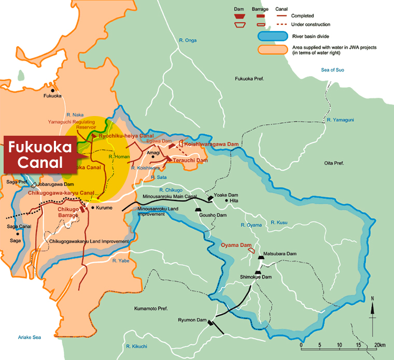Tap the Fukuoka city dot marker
coord(53,90)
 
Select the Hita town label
coord(233,201)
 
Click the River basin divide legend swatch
coord(273,36)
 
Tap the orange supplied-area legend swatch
coord(273,50)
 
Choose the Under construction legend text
coord(311,24)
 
